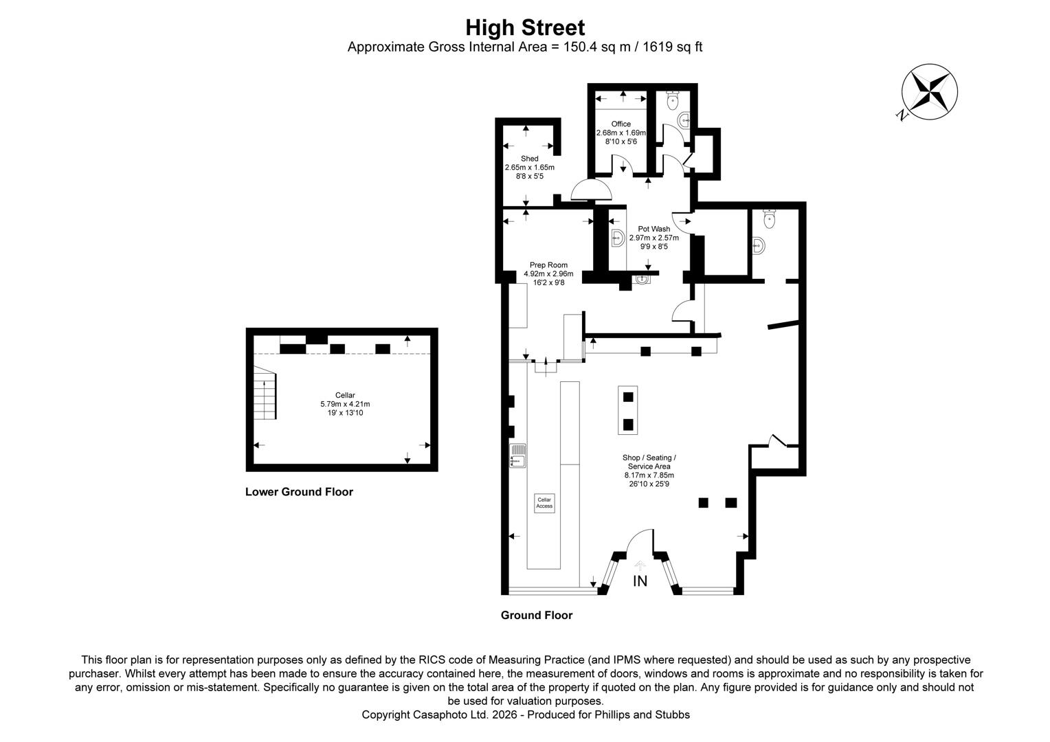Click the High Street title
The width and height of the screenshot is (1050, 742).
tap(525, 27)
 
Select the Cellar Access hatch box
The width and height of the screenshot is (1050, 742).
tap(544, 503)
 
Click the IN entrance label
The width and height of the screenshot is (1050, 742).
tap(640, 581)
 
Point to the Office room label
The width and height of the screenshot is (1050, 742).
tap(621, 124)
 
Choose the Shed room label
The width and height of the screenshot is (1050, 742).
tap(529, 159)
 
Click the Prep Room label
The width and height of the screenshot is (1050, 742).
tap(548, 265)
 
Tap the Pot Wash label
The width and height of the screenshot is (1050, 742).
tap(654, 229)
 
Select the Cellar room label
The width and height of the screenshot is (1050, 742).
tap(345, 395)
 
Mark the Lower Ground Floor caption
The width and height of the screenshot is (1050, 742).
tap(299, 492)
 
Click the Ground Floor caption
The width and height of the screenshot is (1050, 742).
tap(536, 616)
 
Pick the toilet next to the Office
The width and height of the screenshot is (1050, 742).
tap(673, 102)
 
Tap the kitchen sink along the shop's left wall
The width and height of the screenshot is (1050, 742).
tap(517, 456)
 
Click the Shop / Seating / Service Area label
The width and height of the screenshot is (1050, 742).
tap(649, 462)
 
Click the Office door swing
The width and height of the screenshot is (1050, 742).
tap(623, 164)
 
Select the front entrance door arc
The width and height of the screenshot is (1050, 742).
tap(639, 539)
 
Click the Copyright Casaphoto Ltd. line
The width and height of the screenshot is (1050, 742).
tap(525, 715)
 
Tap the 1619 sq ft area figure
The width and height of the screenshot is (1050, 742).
tap(672, 47)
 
